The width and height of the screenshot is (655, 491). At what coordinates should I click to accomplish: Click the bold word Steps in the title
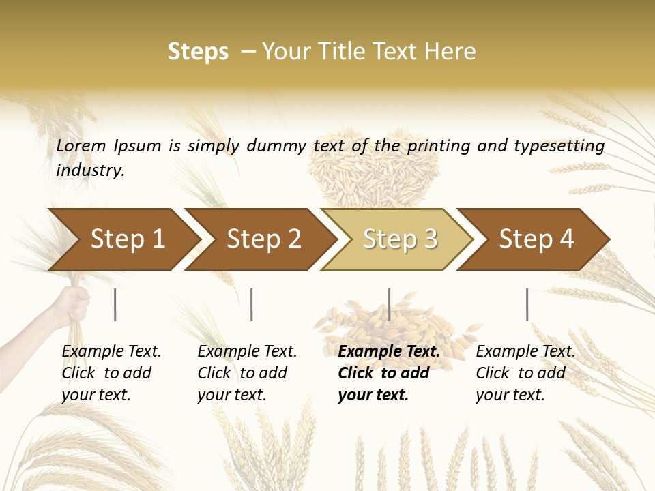coord(198,52)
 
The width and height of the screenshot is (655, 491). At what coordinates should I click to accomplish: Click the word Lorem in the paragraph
coord(81,145)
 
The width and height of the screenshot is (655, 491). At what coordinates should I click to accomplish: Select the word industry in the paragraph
coord(90,170)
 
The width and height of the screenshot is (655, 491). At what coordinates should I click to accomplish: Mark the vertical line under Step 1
coord(115,304)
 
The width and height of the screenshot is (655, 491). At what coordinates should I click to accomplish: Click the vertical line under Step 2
coord(252,304)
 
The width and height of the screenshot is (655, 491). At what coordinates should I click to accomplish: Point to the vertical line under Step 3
coord(389,304)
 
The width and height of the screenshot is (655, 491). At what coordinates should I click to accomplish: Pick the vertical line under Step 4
coord(527,304)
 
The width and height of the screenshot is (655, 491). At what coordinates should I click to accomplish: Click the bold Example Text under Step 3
coord(389,352)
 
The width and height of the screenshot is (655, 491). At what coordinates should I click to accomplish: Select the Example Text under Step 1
coord(111,352)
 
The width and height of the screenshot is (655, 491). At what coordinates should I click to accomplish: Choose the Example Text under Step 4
coord(525,352)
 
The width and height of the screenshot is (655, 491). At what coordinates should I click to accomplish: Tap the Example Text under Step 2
coord(247,352)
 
